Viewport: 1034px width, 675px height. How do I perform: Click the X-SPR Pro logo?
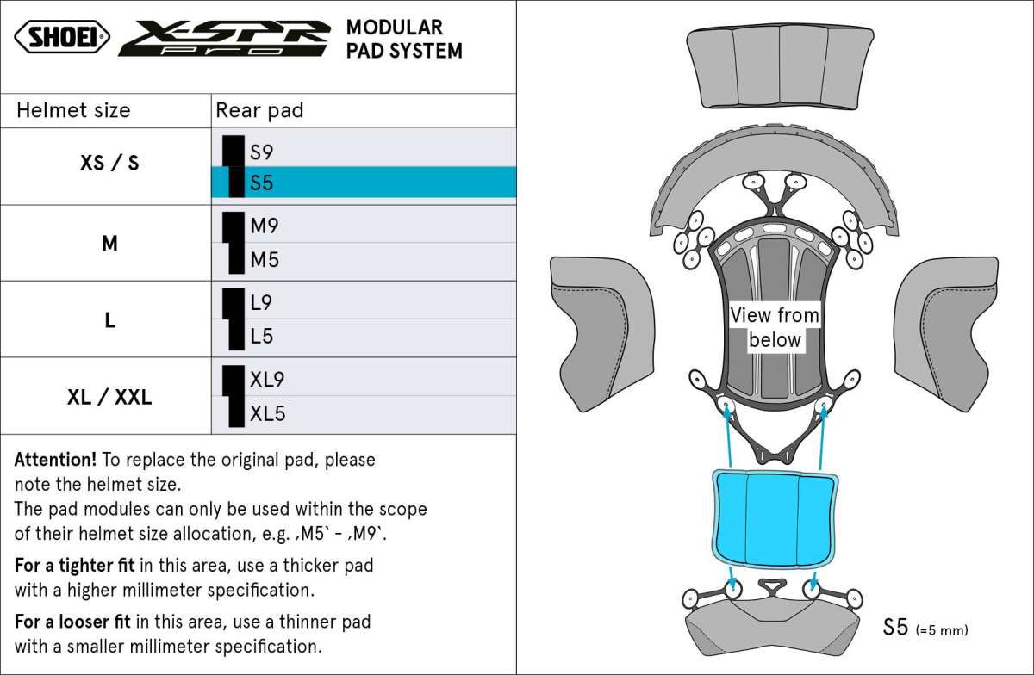point(224,38)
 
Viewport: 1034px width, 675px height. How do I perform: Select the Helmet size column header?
point(73,110)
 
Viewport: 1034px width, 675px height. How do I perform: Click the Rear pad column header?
point(259,110)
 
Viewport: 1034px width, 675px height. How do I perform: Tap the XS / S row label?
point(109,162)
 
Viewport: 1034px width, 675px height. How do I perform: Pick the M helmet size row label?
point(109,244)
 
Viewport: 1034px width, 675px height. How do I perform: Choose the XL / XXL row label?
point(109,397)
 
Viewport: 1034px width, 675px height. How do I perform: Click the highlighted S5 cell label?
point(261,183)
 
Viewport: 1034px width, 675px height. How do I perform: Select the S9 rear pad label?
point(261,152)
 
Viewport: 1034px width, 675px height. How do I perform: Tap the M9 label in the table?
point(265,226)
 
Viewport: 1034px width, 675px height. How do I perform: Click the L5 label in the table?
point(262,336)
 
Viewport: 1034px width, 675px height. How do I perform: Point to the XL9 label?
point(267,379)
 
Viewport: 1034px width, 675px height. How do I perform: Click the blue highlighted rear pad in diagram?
point(775,518)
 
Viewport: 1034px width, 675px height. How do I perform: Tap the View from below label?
point(775,327)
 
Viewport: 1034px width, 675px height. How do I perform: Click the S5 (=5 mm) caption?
point(925,628)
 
